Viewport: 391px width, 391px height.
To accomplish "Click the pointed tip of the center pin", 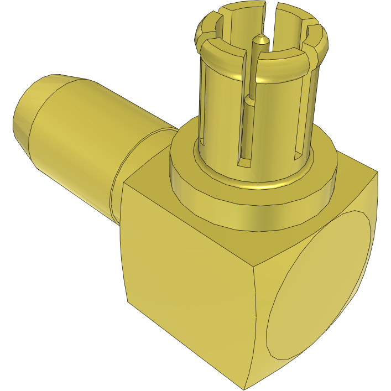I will (260, 38).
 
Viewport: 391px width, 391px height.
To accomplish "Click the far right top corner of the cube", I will (378, 173).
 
